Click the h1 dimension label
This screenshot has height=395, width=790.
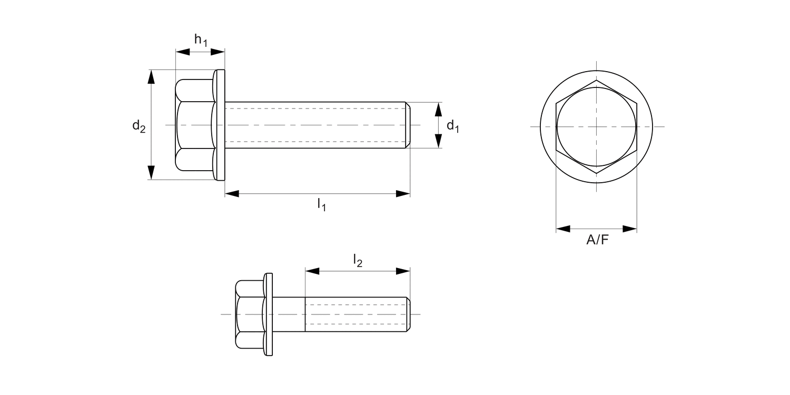[201, 40]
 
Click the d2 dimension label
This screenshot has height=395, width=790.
[139, 126]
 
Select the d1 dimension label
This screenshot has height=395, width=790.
[452, 126]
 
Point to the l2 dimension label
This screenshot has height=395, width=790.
[358, 260]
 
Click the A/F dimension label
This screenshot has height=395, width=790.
[597, 241]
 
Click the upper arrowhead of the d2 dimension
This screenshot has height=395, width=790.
[152, 77]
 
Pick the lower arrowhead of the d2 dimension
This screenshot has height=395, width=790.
[152, 172]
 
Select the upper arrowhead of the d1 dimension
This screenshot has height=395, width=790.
[438, 110]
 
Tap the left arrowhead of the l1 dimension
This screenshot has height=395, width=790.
[232, 194]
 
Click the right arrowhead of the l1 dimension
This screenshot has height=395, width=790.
[403, 194]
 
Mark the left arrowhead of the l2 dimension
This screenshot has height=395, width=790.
[312, 271]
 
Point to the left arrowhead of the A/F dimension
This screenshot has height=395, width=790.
[563, 229]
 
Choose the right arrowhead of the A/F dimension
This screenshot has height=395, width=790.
[630, 229]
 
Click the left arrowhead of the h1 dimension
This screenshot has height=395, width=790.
[182, 52]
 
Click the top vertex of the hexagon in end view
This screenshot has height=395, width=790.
[597, 81]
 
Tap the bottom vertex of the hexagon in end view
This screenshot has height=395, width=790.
[597, 173]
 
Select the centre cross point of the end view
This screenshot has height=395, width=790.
[597, 126]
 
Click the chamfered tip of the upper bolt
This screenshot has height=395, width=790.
[408, 125]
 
